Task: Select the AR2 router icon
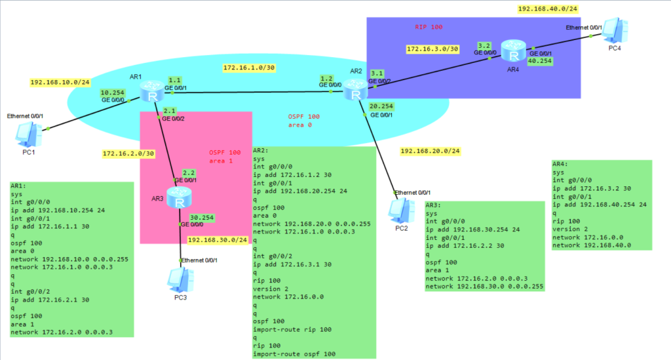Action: (x=356, y=90)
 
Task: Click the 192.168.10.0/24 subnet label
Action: (x=60, y=83)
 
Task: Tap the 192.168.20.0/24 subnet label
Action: (x=430, y=151)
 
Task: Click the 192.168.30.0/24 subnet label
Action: (x=218, y=240)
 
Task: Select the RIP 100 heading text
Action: (x=429, y=27)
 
